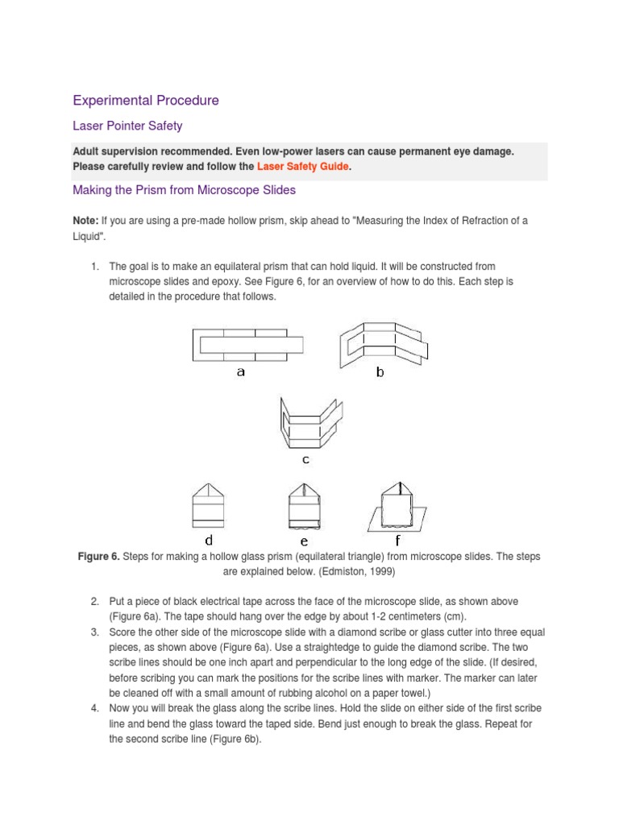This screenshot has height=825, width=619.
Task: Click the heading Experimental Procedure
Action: click(146, 101)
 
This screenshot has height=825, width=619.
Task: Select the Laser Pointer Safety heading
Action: click(127, 126)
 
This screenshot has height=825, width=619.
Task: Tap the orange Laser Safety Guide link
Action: click(303, 166)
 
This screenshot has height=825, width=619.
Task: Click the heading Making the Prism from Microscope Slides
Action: click(185, 190)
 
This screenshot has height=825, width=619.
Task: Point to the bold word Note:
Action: click(85, 221)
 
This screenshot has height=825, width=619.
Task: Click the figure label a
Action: click(240, 372)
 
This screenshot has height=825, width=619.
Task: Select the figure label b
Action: click(380, 373)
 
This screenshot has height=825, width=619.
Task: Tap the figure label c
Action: click(306, 460)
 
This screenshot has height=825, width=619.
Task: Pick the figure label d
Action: click(209, 540)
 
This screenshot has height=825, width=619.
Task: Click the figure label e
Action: click(305, 541)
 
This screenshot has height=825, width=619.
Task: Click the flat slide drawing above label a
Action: click(248, 345)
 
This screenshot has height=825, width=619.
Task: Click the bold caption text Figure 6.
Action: click(98, 557)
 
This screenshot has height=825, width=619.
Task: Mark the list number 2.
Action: click(94, 602)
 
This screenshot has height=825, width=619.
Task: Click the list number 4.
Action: click(94, 707)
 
